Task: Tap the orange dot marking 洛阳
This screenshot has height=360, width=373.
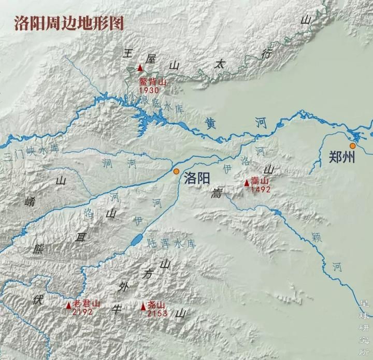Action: pyautogui.click(x=176, y=171)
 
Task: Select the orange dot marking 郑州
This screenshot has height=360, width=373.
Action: pyautogui.click(x=353, y=146)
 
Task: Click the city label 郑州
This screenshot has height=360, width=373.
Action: pyautogui.click(x=342, y=157)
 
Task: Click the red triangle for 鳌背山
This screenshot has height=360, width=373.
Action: pyautogui.click(x=140, y=67)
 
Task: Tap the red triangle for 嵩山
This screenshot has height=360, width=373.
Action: pyautogui.click(x=247, y=182)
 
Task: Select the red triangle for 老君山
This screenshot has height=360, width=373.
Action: pyautogui.click(x=68, y=306)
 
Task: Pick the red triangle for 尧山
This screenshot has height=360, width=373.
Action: pyautogui.click(x=144, y=307)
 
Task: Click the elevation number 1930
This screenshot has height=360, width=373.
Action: pyautogui.click(x=149, y=90)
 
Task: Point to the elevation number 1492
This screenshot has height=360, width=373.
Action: pyautogui.click(x=261, y=190)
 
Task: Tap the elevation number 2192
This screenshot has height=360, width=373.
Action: pyautogui.click(x=82, y=312)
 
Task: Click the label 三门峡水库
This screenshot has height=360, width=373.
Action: pyautogui.click(x=31, y=152)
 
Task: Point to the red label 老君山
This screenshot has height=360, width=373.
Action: pyautogui.click(x=86, y=304)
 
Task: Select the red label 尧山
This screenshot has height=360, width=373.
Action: pyautogui.click(x=157, y=306)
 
